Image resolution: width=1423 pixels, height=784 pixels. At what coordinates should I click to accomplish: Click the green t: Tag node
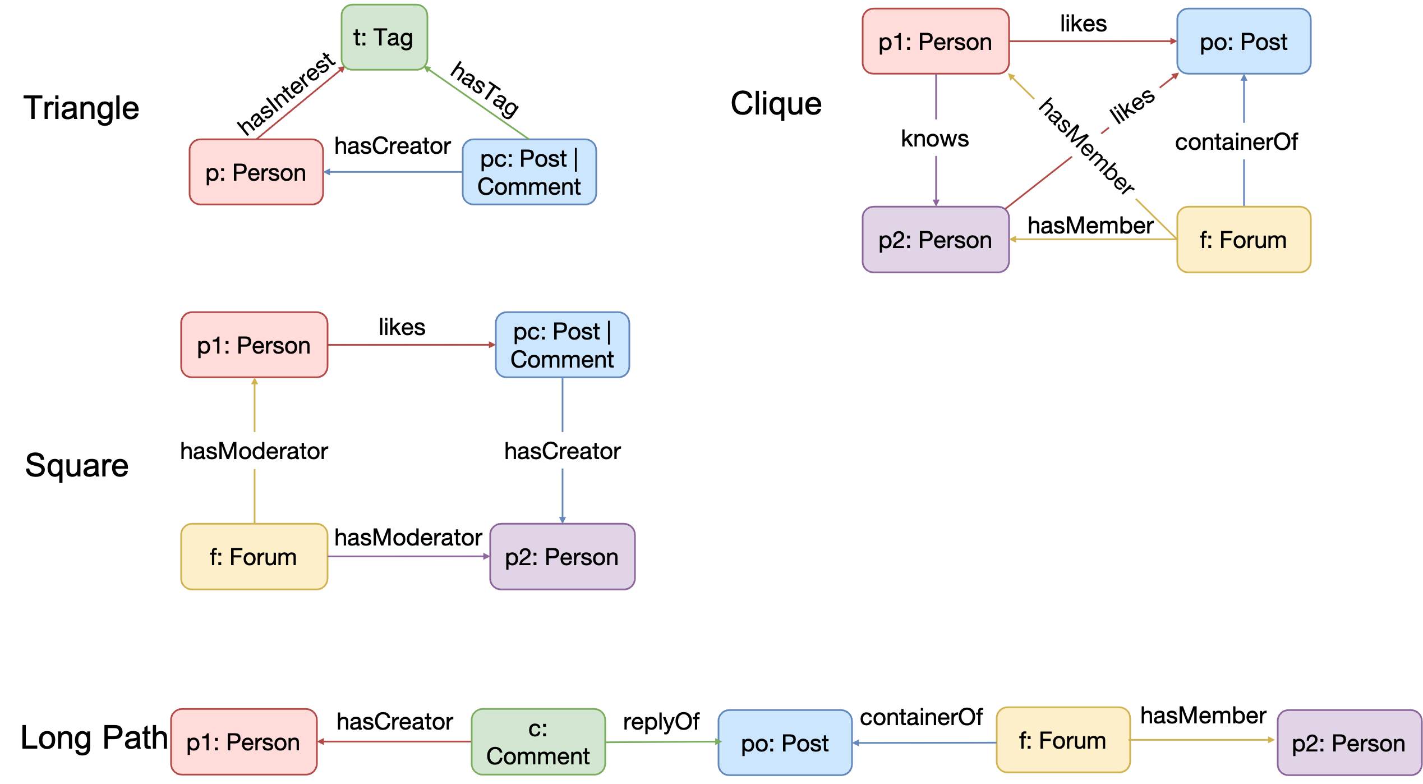(x=384, y=38)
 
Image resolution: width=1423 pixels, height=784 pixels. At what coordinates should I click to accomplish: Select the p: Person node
(x=256, y=172)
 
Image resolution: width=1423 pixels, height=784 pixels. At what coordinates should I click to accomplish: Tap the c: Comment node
(x=538, y=742)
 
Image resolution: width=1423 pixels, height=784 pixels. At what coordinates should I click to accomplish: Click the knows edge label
(x=935, y=138)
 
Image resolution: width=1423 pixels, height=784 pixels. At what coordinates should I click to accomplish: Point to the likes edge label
(x=1132, y=105)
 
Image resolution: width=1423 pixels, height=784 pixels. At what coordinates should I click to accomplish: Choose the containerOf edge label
(x=1238, y=141)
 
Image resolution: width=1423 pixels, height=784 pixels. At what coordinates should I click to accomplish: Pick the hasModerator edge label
(x=254, y=451)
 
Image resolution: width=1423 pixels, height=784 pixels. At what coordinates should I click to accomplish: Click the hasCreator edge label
(x=562, y=451)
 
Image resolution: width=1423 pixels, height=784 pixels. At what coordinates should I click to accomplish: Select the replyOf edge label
(x=661, y=722)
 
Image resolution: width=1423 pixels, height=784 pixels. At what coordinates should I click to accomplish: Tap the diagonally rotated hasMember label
(x=1087, y=146)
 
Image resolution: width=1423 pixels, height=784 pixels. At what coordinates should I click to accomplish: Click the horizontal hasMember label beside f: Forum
(x=1203, y=715)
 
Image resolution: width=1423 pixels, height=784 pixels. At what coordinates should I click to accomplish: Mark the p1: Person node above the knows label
(x=935, y=42)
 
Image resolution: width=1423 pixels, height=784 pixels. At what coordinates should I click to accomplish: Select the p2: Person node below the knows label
(x=935, y=240)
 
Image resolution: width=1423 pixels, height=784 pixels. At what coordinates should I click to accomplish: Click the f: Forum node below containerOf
(x=1244, y=240)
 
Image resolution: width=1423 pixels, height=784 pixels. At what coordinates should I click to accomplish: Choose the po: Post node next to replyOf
(x=785, y=743)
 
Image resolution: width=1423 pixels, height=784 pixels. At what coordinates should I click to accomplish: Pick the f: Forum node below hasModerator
(x=254, y=557)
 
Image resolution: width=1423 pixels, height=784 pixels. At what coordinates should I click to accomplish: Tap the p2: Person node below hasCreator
(x=562, y=557)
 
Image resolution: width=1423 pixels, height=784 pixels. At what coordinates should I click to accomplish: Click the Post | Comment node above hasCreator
(x=562, y=345)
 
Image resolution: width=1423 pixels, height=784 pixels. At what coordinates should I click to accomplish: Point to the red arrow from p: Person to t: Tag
(x=301, y=103)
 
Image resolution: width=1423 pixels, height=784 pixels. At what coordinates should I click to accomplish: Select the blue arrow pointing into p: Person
(x=393, y=172)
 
